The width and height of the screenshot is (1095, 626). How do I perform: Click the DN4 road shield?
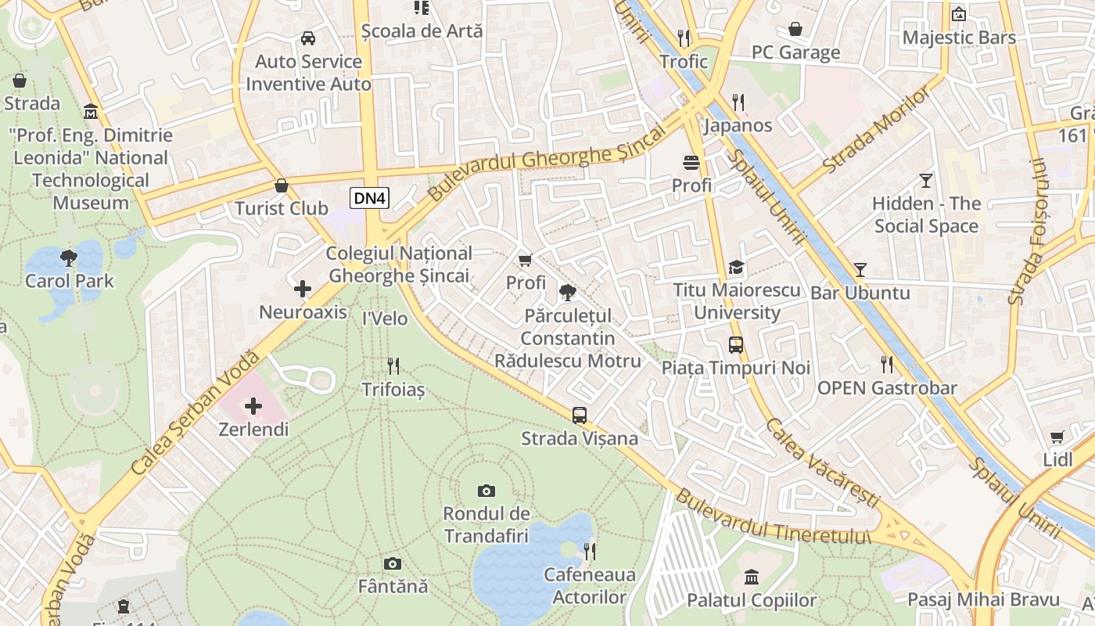tap(369, 198)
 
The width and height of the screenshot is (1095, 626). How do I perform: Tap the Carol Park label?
tap(70, 281)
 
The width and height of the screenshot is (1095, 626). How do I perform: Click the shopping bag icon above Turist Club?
tap(282, 185)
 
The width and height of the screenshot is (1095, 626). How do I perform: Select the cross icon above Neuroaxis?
tap(303, 290)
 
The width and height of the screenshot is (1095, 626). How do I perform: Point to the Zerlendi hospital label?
tap(253, 430)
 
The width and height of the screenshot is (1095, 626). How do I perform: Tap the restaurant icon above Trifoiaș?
tap(393, 365)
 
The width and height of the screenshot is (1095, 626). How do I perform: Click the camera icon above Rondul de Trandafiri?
tap(486, 491)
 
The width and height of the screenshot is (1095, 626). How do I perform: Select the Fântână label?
tap(393, 585)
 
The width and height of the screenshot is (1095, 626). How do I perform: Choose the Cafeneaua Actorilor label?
tap(590, 586)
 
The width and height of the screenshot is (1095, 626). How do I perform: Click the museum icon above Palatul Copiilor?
tap(752, 577)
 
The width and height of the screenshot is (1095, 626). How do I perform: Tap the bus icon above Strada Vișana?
tap(580, 416)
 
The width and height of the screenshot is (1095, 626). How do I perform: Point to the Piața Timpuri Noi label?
tap(735, 367)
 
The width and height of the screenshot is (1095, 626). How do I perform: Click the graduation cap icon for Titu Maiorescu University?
tap(736, 268)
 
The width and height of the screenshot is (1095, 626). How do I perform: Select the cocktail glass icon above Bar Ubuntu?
tap(860, 270)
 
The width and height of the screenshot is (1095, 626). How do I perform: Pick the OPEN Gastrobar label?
tap(887, 388)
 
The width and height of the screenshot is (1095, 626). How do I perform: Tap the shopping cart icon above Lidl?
tap(1057, 437)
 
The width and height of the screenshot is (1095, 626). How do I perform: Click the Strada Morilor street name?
tap(878, 130)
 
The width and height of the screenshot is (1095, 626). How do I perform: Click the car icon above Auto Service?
tap(308, 38)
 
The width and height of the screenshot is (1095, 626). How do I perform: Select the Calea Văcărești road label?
tap(823, 463)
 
